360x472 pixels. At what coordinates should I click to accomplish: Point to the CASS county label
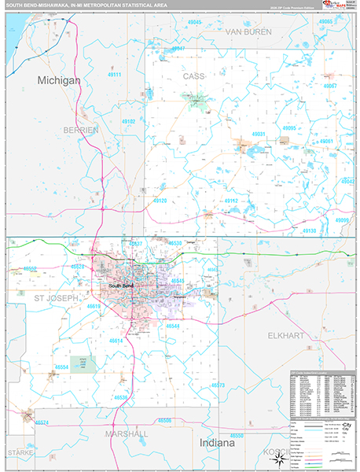193,76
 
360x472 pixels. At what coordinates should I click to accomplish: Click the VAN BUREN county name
248,31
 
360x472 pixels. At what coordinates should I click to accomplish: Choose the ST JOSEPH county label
56,299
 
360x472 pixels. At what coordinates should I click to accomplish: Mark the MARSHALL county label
126,433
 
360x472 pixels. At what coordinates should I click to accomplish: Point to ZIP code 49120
160,201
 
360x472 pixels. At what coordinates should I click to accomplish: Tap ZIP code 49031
259,135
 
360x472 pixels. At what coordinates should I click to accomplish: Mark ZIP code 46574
42,423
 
